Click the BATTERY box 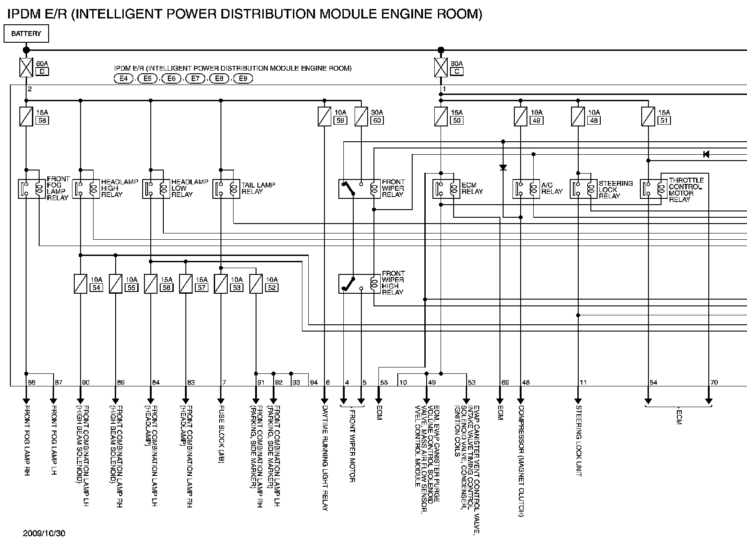pos(26,34)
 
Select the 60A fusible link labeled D pos(26,67)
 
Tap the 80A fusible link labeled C pos(441,67)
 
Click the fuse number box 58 pos(42,120)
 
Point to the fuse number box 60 pos(377,120)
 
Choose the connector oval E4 pos(123,79)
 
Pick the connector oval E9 pos(243,79)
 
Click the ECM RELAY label pos(472,188)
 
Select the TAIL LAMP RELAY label pos(258,188)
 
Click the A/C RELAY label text pos(552,188)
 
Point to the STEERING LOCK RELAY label pos(616,190)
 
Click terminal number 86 pos(31,382)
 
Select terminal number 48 pos(526,382)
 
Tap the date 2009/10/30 pos(44,534)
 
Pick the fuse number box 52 pos(272,287)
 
